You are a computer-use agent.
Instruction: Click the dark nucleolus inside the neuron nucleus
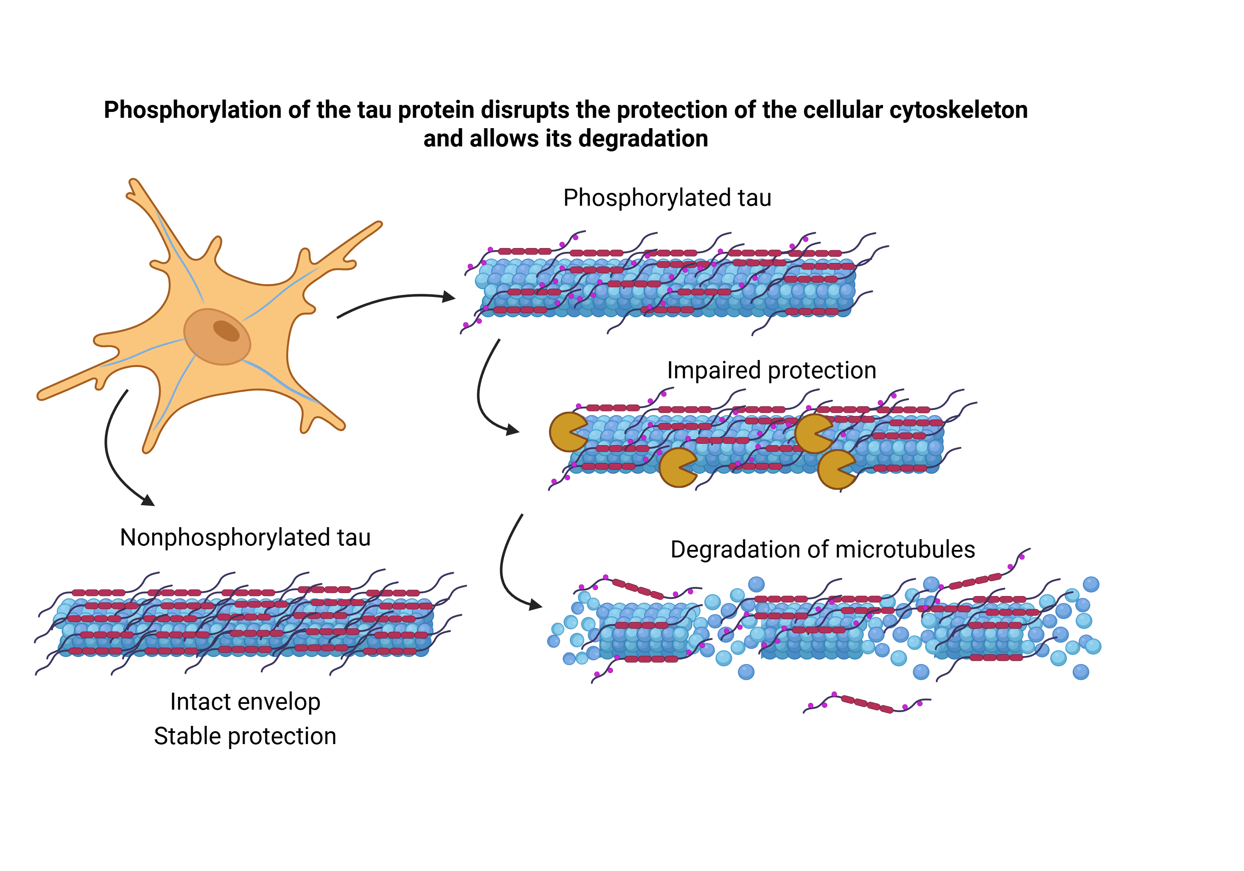[x=226, y=331]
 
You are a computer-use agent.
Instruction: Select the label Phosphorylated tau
[x=667, y=198]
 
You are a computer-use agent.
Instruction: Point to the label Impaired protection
[x=771, y=371]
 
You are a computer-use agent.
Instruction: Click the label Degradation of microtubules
[x=822, y=550]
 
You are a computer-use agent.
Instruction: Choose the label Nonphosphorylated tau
[x=245, y=538]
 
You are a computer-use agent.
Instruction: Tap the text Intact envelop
[x=245, y=702]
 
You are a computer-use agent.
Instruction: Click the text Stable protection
[x=245, y=737]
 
